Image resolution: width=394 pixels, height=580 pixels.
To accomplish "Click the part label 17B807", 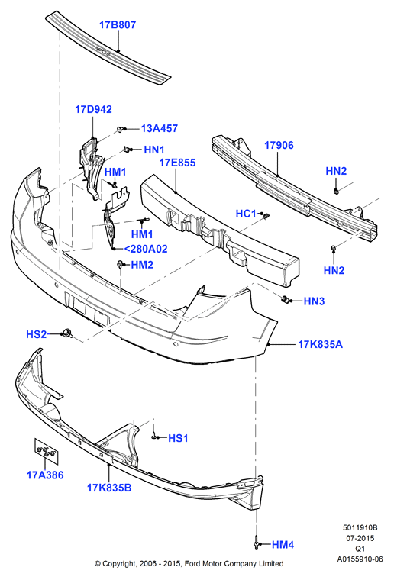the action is click(118, 24).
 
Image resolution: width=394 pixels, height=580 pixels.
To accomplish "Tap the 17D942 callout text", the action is click(93, 109).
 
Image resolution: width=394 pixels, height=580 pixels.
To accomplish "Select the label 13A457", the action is click(160, 128).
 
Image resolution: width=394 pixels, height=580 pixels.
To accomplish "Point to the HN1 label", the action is click(154, 150).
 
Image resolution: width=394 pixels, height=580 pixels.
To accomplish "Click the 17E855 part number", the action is click(177, 163).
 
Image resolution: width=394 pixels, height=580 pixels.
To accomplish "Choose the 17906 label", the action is click(279, 145).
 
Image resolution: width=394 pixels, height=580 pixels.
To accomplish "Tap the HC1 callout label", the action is click(246, 214).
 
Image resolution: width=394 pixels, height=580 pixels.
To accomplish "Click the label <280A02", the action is click(145, 249).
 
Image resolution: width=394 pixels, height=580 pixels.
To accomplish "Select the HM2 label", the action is click(142, 265).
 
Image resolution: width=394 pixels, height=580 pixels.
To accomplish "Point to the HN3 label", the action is click(314, 301).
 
